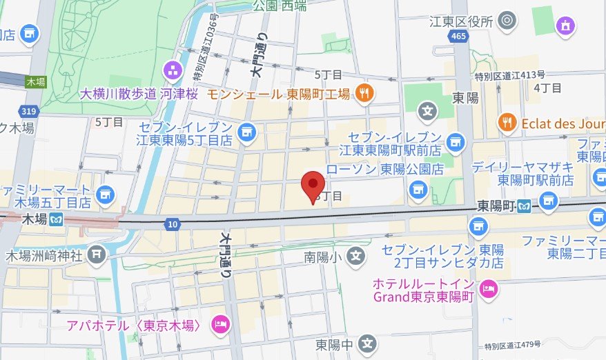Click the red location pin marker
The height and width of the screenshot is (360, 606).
(x=314, y=184)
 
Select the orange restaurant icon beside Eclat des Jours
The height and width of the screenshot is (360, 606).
(x=507, y=123)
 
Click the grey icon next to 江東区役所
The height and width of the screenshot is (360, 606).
(x=507, y=21)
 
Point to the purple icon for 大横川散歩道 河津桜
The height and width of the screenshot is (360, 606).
(x=172, y=70)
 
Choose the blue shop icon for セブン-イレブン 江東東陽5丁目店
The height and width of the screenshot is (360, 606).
(x=247, y=131)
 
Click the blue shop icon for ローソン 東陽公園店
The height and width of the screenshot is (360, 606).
(x=417, y=188)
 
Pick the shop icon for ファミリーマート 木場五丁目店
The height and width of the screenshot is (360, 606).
(x=104, y=194)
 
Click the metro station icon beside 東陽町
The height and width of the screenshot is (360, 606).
(x=525, y=206)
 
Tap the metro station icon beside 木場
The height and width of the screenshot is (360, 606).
(x=55, y=219)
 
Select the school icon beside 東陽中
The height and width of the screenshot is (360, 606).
(x=368, y=343)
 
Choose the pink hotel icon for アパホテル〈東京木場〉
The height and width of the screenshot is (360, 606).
(x=220, y=323)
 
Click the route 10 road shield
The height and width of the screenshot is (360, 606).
(x=172, y=224)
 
